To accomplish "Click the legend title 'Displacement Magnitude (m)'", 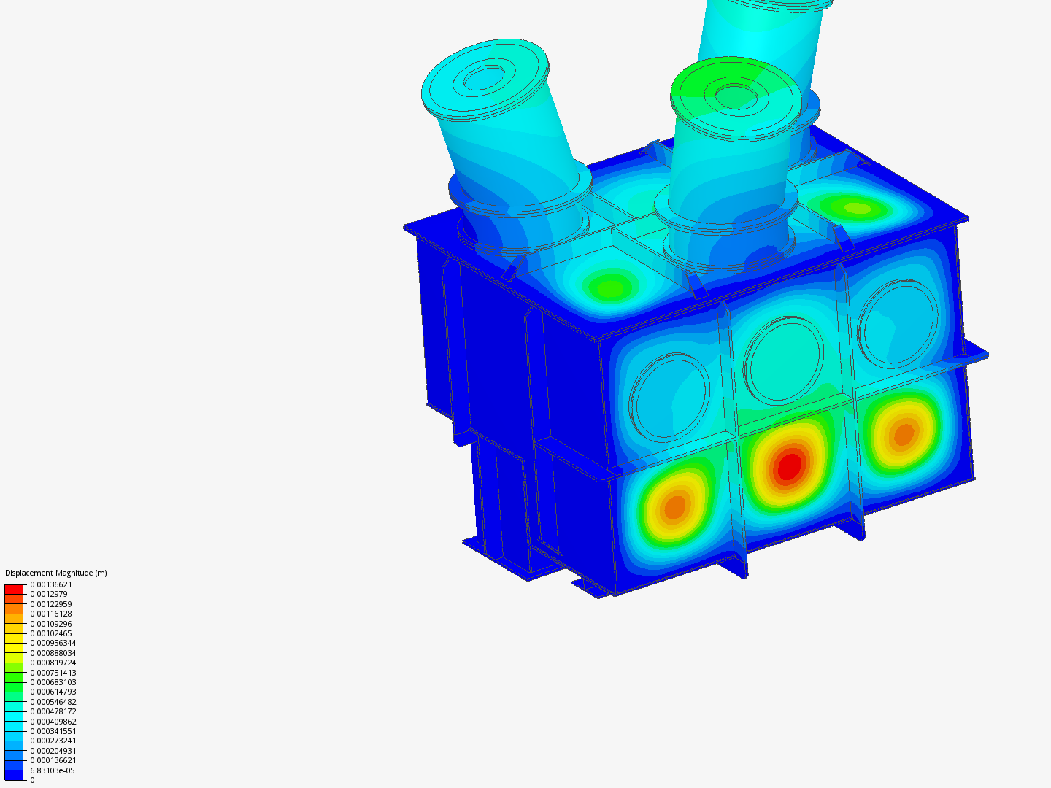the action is (56, 573).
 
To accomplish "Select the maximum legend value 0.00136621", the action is (51, 584).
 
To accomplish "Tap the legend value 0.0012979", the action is (49, 594).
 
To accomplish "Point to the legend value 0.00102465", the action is (51, 633).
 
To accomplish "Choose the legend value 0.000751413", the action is (53, 673).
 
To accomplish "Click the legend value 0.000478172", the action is (53, 711).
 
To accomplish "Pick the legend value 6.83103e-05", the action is (53, 770).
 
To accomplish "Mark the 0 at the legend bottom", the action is (32, 780).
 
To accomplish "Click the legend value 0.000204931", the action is (53, 751).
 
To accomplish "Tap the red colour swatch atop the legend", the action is (14, 590).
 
